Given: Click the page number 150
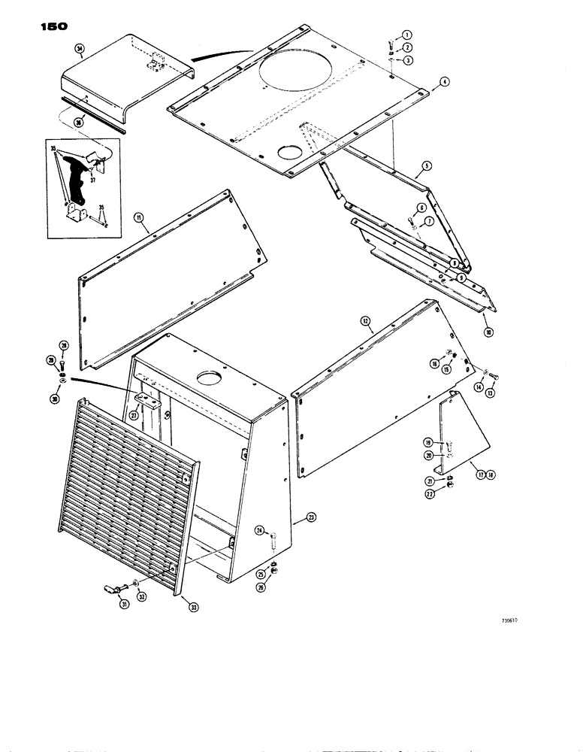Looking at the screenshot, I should (50, 26).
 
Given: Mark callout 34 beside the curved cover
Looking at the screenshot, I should (79, 50).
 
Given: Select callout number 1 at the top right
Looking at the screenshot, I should (406, 35).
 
